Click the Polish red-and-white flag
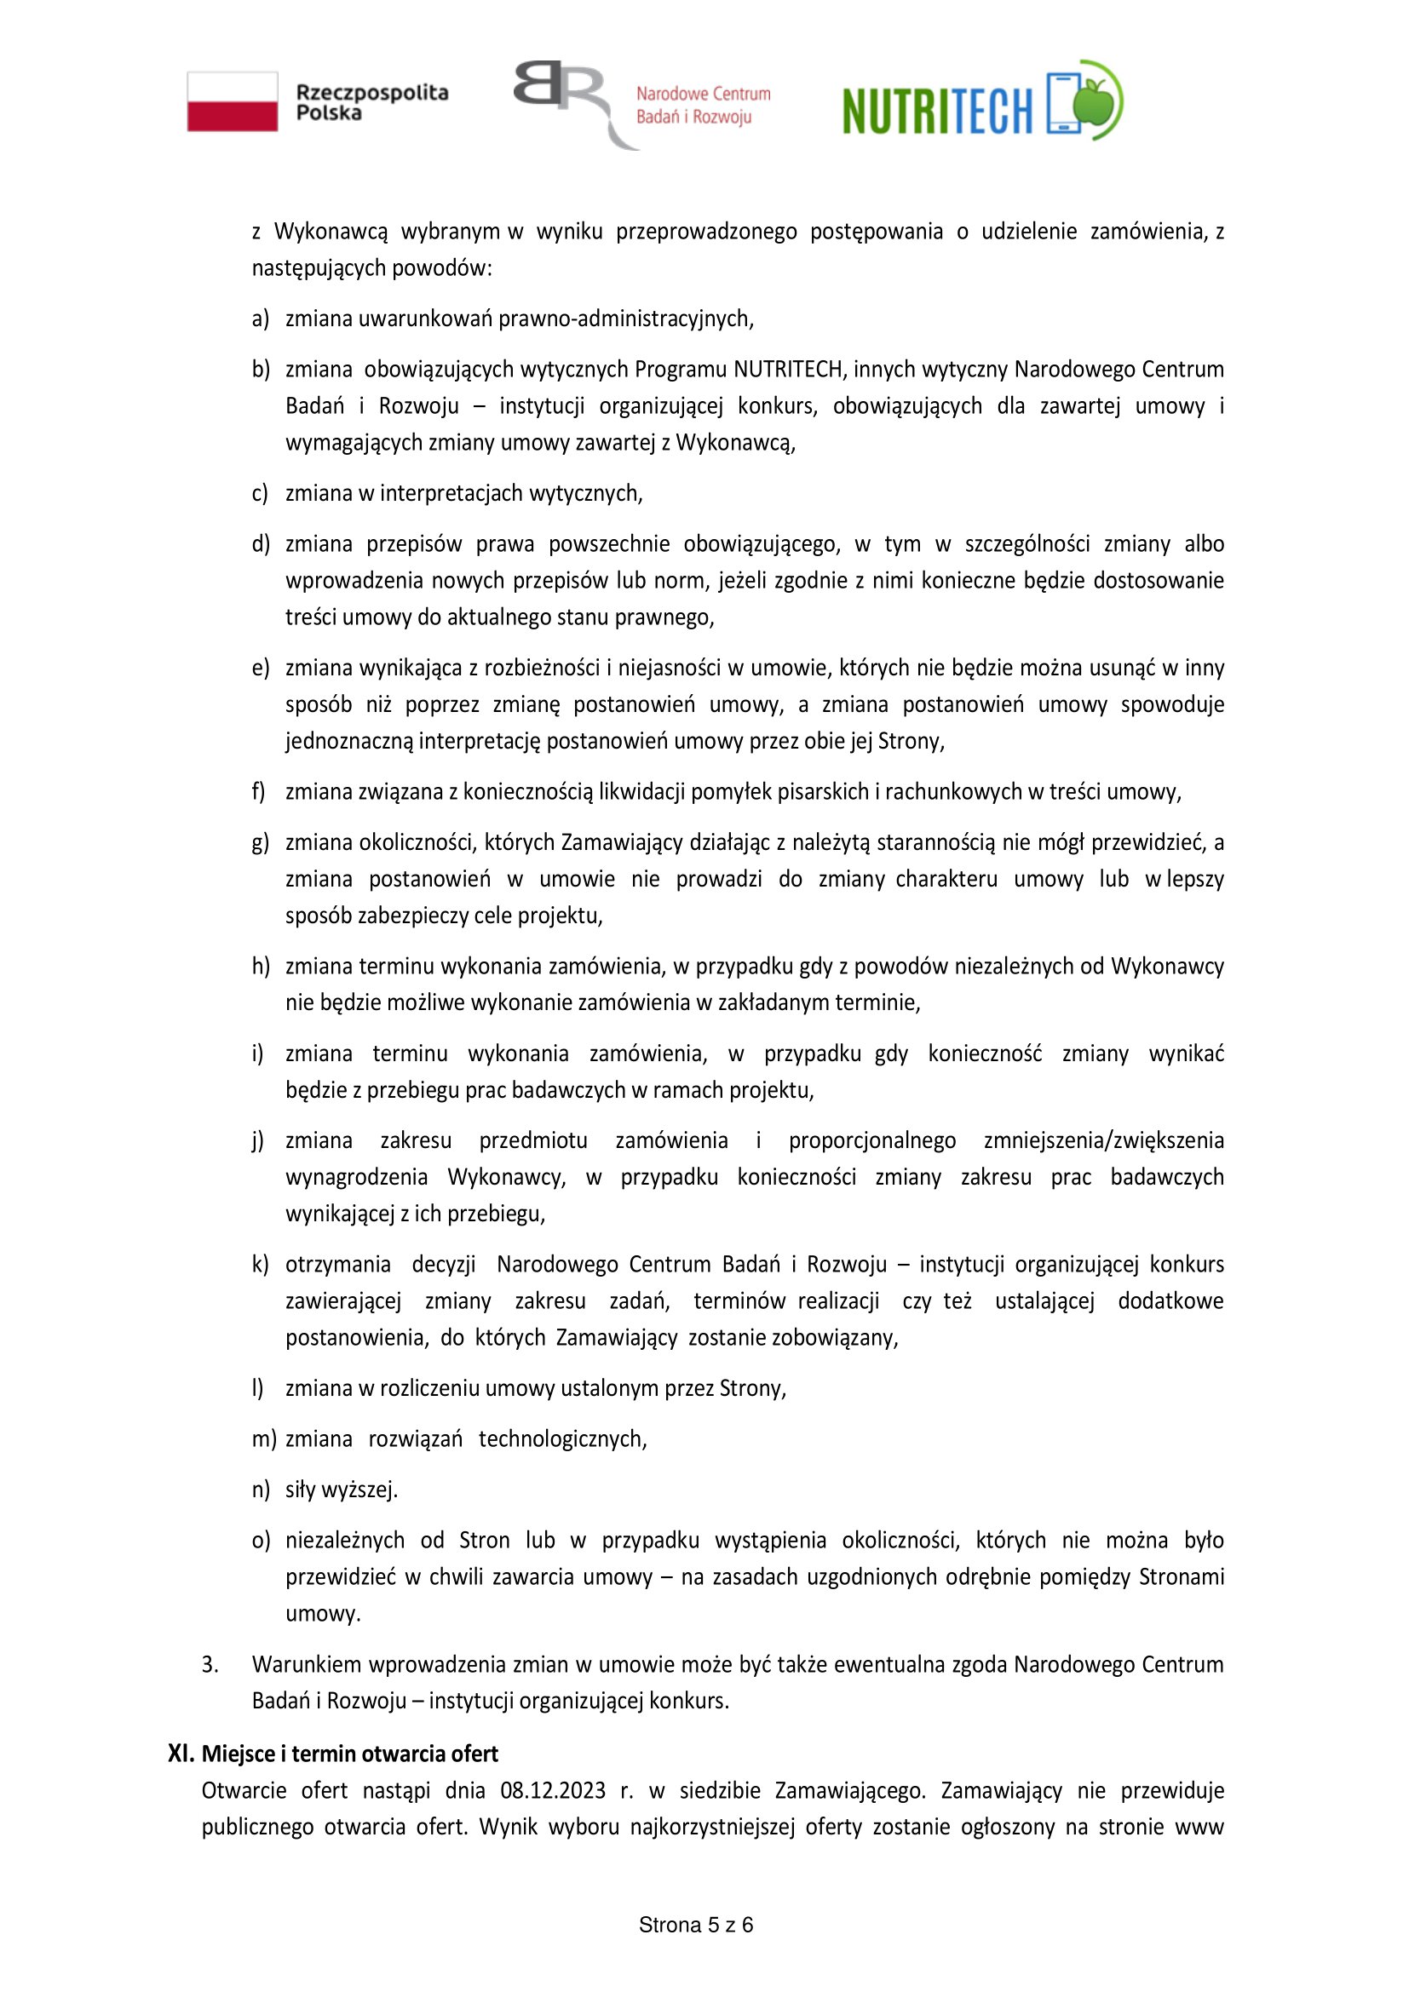233,101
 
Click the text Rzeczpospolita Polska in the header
371,102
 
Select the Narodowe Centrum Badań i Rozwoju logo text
703,105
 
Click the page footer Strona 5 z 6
696,1926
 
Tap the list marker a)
261,319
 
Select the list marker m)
263,1439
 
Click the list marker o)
261,1541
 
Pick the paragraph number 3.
210,1664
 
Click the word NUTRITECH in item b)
788,370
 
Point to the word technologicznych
562,1439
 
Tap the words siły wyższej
341,1490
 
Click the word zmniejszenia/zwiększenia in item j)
1103,1140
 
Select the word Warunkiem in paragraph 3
307,1664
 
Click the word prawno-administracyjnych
625,319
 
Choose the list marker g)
261,842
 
